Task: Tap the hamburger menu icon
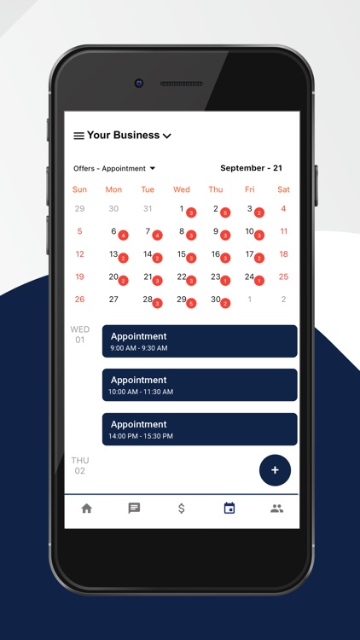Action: point(78,136)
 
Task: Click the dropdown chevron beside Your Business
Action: point(167,136)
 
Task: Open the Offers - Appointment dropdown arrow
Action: point(153,169)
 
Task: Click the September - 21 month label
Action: point(251,168)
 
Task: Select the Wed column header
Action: point(182,189)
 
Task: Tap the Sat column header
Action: point(283,189)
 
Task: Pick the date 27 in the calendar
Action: point(113,300)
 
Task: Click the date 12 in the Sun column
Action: point(79,254)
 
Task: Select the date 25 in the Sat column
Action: point(283,276)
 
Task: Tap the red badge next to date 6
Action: point(124,236)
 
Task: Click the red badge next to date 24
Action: point(259,281)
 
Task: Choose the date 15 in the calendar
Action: point(182,254)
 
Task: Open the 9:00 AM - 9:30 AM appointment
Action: point(200,341)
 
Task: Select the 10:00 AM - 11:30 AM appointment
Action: point(200,385)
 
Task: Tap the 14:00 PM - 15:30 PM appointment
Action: point(200,429)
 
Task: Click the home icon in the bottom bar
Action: point(86,508)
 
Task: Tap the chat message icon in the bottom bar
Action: point(134,508)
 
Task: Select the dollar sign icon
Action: point(182,508)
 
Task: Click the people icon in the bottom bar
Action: point(276,508)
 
